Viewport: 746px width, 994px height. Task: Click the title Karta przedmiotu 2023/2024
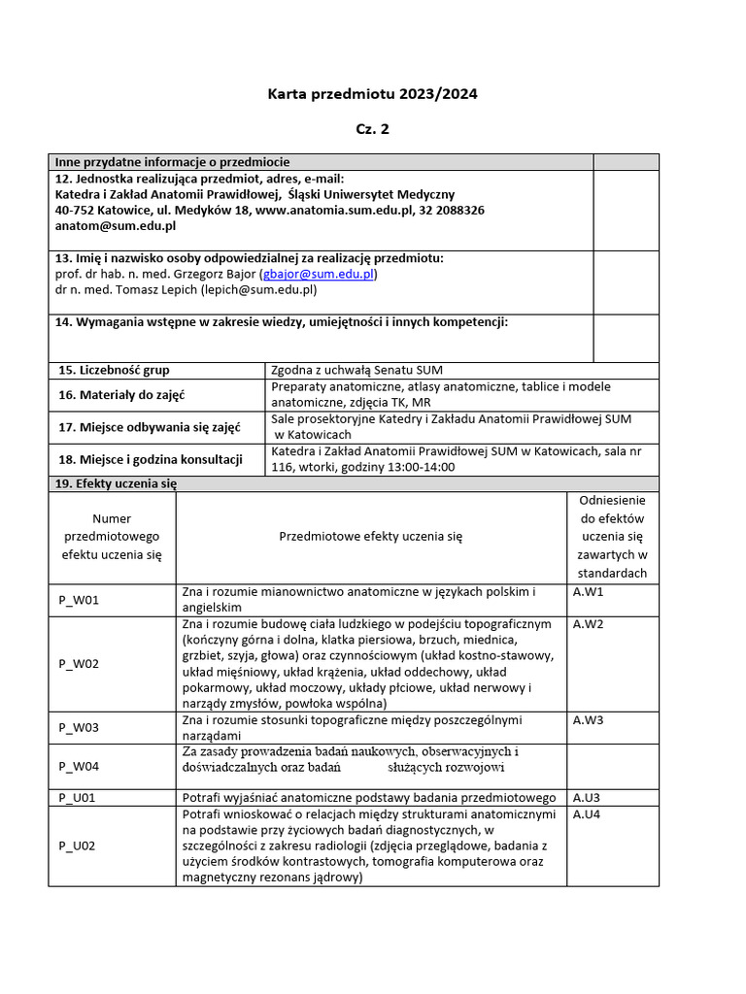(373, 94)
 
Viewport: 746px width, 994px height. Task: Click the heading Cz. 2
(373, 128)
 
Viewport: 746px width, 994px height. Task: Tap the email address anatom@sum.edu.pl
(115, 225)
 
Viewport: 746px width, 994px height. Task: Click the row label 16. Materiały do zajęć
(121, 395)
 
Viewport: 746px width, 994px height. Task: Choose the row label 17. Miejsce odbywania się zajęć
(149, 427)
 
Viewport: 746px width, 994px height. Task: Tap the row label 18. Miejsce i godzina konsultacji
(151, 459)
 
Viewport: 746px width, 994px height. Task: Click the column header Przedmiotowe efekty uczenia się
(371, 536)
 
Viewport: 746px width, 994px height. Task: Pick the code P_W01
(79, 600)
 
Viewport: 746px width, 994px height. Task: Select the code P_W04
(79, 766)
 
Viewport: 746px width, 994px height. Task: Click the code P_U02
(78, 845)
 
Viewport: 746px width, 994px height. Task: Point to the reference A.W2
(589, 623)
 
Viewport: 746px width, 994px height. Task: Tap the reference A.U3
(587, 797)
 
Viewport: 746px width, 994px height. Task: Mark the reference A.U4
(587, 814)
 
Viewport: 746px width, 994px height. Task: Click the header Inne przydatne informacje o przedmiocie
(172, 162)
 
